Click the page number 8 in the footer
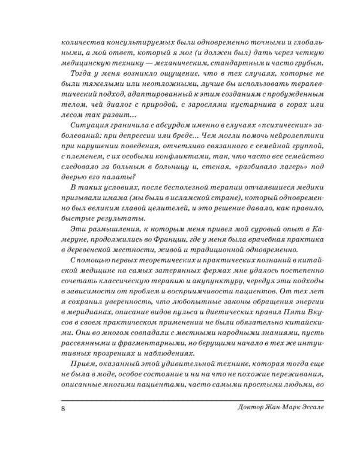[x=64, y=410]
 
